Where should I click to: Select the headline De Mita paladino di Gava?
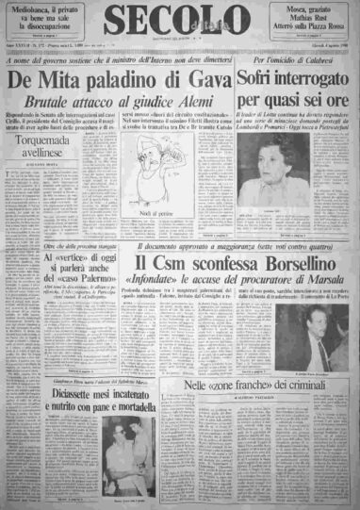pyautogui.click(x=120, y=83)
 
